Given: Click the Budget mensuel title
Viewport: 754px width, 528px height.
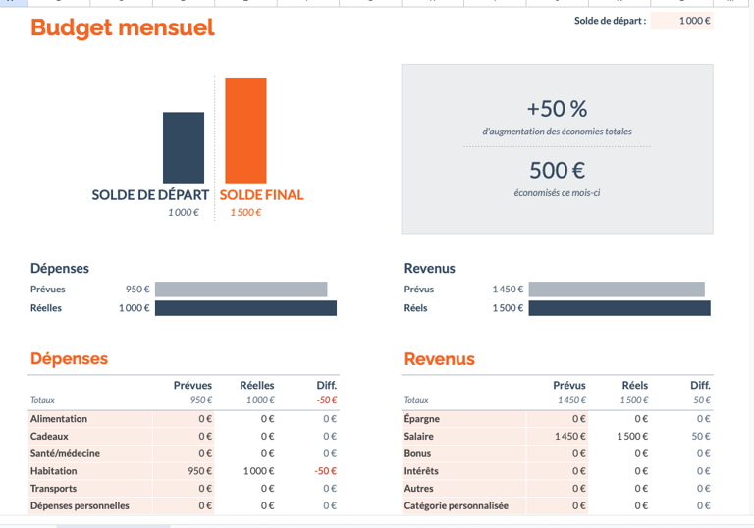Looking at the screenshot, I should point(122,28).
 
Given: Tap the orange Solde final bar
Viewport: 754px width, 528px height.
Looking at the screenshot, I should point(245,130).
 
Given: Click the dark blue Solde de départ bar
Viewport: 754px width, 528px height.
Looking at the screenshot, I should point(184,147).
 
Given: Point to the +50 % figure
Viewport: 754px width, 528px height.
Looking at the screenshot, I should point(557,109).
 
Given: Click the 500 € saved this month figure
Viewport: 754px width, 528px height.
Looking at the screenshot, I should point(557,170).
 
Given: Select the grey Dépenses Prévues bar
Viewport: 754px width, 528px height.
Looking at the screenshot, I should point(241,290).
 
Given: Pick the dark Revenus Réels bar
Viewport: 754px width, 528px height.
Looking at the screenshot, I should point(619,308).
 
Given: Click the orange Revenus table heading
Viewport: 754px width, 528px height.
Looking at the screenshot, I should point(439,359).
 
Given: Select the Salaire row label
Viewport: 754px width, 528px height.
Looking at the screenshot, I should point(421,436).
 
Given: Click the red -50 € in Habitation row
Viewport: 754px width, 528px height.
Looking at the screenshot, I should point(326,471).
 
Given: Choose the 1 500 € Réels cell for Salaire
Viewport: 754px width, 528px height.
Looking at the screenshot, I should point(633,436).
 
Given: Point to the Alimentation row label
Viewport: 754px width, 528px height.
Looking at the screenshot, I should point(59,419).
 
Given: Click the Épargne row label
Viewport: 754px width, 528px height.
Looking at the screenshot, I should point(422,419).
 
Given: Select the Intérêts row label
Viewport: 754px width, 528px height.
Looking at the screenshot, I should point(422,471).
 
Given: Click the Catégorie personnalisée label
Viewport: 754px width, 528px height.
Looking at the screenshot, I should point(456,506).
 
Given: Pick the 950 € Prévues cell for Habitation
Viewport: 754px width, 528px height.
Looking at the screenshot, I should point(200,471).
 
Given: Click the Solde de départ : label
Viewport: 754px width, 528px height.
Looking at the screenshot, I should point(610,21).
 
